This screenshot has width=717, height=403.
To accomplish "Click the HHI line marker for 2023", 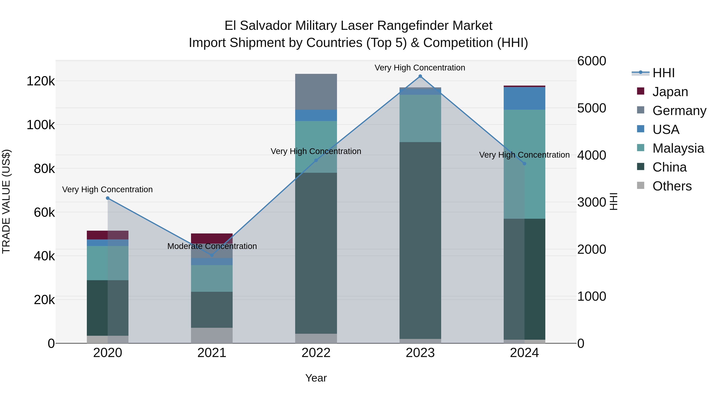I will (x=420, y=76).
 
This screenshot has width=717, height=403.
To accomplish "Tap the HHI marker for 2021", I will (x=212, y=255).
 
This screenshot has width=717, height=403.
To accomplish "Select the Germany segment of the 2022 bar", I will (x=316, y=92).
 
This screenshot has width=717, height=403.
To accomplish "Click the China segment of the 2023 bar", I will (x=420, y=241).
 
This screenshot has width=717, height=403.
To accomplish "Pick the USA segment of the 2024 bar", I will (x=524, y=99).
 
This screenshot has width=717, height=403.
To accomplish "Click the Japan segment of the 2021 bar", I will (x=212, y=238).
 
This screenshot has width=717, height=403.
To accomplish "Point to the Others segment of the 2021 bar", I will (x=212, y=335).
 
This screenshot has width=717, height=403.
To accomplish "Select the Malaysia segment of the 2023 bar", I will (x=420, y=118).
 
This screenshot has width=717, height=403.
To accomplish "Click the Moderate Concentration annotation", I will (x=212, y=246).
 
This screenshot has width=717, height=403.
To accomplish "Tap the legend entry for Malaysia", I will (x=678, y=148).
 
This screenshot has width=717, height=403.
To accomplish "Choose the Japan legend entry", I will (x=670, y=92).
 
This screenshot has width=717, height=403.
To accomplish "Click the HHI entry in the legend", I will (x=663, y=73).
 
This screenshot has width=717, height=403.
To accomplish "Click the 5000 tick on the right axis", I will (x=592, y=108).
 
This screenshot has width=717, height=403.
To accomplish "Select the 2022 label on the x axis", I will (x=316, y=353).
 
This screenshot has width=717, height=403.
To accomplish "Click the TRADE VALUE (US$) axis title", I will (x=6, y=202).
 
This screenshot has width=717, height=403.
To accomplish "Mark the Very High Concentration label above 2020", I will (x=107, y=190).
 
